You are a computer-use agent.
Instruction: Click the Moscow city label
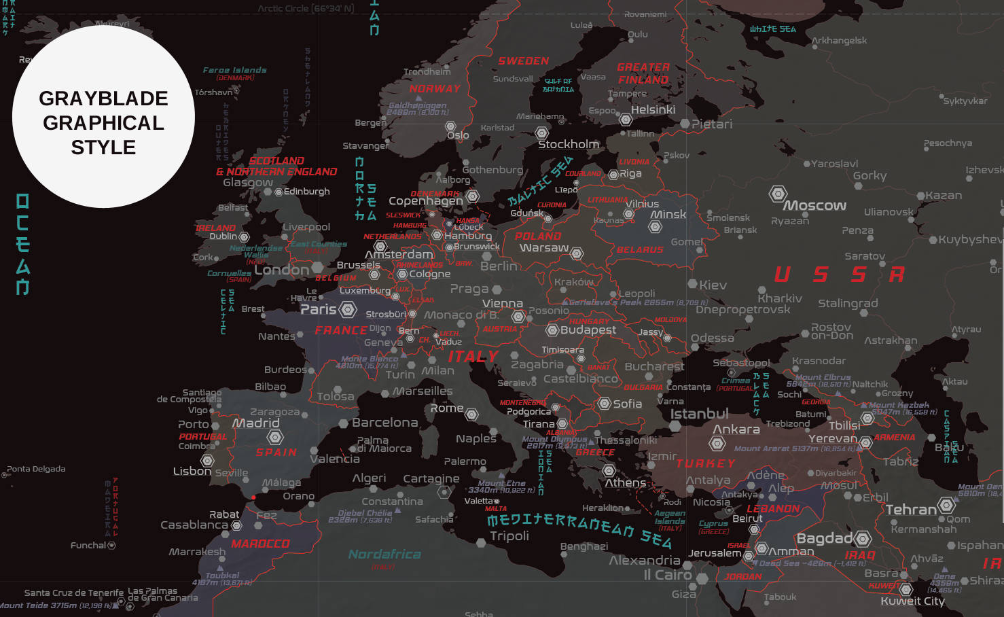815,205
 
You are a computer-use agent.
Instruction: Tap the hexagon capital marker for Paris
348,310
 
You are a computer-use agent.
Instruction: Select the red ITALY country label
473,356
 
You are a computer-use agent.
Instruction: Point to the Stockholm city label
569,144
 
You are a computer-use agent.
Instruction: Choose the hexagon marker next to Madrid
275,437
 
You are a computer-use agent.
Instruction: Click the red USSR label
839,275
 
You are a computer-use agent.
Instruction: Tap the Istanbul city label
699,414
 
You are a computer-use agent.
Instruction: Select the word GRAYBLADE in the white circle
103,99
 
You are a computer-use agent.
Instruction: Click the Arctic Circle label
306,9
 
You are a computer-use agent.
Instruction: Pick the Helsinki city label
653,109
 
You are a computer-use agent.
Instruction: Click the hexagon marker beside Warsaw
577,253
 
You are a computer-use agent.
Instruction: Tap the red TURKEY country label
706,463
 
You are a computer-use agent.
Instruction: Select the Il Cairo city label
667,575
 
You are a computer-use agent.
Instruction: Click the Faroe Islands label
234,70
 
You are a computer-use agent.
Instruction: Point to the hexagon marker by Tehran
946,506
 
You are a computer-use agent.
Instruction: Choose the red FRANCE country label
341,330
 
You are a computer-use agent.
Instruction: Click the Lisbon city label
192,471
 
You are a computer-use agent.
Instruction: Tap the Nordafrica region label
384,554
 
